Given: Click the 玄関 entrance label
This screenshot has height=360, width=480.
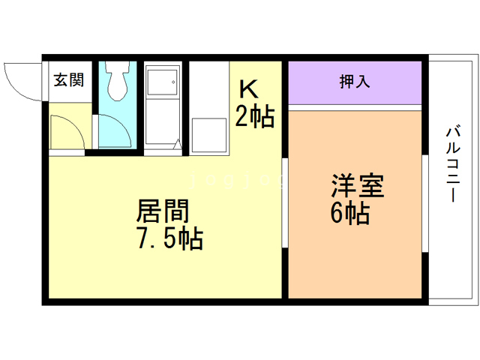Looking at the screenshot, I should pos(68,79).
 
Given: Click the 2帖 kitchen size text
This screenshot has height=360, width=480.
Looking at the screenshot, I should pos(255,118).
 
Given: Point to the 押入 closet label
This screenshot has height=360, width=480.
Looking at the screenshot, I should pos(355,82).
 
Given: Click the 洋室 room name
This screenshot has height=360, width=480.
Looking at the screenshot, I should pos(358,186).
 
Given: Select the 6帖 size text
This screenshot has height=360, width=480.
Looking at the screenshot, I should pos(349,214).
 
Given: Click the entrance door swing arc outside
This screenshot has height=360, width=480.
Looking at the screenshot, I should pos(22,81).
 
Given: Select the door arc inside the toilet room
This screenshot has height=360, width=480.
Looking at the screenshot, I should pos(112,131).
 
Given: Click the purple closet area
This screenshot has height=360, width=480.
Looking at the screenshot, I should pos(355,83).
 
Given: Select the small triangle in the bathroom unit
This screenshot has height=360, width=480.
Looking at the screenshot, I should pos(177,143).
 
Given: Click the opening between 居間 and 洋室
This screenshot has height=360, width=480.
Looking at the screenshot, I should pos(285,202).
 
